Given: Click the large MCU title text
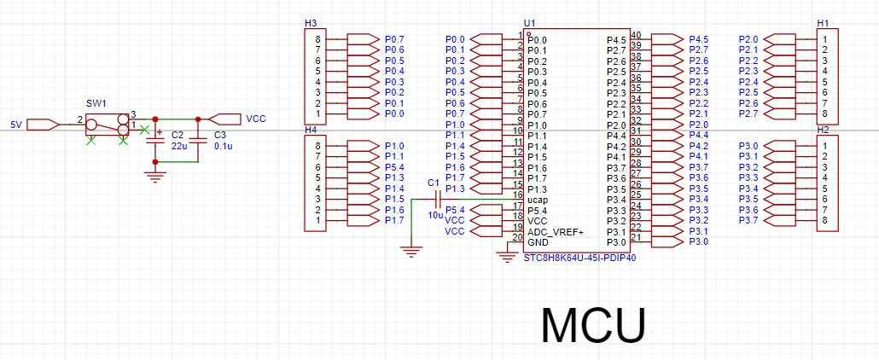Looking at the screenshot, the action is tap(594, 325).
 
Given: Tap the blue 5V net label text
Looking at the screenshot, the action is tap(16, 125).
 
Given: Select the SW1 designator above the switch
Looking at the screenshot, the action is tap(95, 104).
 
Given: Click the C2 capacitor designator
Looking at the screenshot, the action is tap(178, 136).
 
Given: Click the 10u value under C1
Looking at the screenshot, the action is tap(435, 215).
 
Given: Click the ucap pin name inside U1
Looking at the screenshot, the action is tap(538, 200).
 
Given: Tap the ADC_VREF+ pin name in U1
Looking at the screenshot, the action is tap(556, 231).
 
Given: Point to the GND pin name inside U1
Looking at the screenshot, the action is tap(538, 242).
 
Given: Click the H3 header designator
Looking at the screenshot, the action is tap(310, 24).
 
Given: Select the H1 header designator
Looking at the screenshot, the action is tap(823, 24).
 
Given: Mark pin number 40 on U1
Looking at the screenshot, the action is tap(637, 35).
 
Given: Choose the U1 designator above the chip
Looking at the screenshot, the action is tap(529, 24).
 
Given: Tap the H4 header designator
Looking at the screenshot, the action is tap(310, 130).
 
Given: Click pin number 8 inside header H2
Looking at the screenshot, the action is tap(824, 220).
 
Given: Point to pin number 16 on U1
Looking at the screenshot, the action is tap(518, 194).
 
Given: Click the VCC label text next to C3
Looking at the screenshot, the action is tap(256, 119).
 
